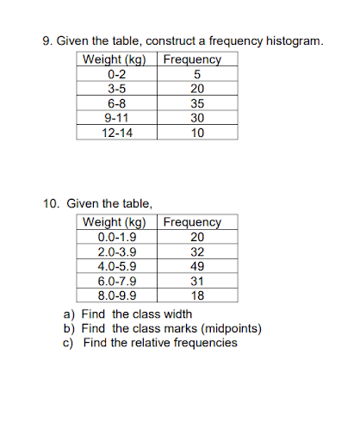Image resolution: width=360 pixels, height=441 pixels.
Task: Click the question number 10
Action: (x=50, y=204)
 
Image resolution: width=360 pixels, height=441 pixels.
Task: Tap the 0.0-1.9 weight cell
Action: (x=117, y=237)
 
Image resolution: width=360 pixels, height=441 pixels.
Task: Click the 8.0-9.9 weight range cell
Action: (x=117, y=295)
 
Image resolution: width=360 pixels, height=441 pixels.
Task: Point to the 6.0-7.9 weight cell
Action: (x=117, y=281)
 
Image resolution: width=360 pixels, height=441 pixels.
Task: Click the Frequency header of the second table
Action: (x=192, y=221)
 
